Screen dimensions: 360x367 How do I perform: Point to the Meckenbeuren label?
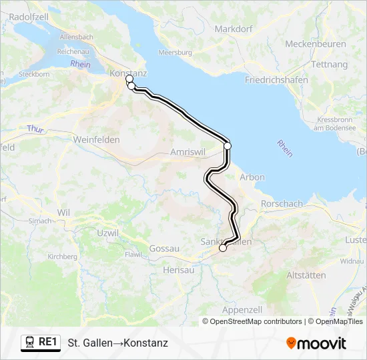(316, 44)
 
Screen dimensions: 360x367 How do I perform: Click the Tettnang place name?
(329, 64)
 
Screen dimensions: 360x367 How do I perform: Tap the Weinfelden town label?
(97, 140)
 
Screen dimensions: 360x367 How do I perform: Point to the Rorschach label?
(282, 203)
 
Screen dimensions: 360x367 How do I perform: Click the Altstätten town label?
(306, 275)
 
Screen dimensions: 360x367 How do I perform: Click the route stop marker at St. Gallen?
(223, 248)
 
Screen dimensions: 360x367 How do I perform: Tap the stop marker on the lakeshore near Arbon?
(228, 145)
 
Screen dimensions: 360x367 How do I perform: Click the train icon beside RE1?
(30, 342)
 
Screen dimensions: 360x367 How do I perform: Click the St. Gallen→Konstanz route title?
(117, 343)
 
